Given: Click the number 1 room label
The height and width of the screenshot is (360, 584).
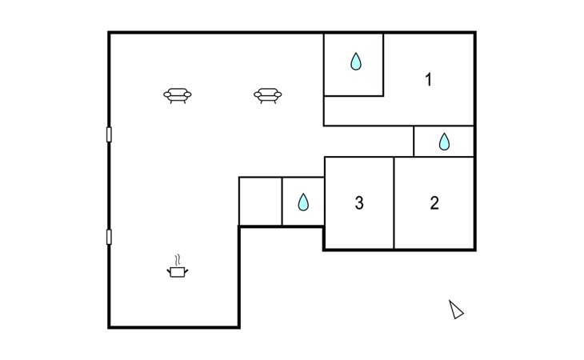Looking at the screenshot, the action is click(x=429, y=80).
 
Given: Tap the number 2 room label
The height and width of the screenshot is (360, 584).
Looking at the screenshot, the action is click(x=434, y=203).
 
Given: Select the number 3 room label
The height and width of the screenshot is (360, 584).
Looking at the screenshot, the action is click(x=359, y=203).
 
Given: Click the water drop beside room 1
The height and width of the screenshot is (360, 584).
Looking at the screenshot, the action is click(x=356, y=62).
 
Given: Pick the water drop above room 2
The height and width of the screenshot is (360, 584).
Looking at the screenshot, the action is click(x=444, y=142).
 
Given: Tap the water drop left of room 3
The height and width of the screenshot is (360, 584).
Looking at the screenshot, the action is click(x=303, y=202).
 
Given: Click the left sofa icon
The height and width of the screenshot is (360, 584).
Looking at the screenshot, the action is click(x=178, y=95).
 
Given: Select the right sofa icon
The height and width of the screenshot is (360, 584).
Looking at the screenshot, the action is click(x=267, y=95).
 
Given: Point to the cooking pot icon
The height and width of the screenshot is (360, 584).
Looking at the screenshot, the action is click(x=178, y=272).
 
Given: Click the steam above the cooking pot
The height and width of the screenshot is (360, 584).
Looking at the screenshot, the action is click(x=178, y=260).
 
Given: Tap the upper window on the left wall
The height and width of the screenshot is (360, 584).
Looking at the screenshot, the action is click(x=109, y=134).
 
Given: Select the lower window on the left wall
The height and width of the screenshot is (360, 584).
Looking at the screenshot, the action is click(x=109, y=237).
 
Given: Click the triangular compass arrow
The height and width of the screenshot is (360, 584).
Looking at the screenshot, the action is click(x=455, y=310).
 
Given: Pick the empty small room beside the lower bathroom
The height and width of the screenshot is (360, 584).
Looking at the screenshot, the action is click(x=260, y=202).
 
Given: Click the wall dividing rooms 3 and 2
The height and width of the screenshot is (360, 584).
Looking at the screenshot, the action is click(x=394, y=203).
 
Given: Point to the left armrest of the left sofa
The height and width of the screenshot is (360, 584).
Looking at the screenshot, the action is click(x=167, y=94).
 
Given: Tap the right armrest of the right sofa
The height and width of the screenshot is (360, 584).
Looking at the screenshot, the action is click(x=278, y=94).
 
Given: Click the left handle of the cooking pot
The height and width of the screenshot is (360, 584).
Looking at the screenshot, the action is click(x=168, y=270).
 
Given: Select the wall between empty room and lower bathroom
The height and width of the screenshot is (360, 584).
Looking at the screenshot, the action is click(x=282, y=202).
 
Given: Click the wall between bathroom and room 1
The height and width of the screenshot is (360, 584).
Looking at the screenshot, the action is click(x=383, y=65).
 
